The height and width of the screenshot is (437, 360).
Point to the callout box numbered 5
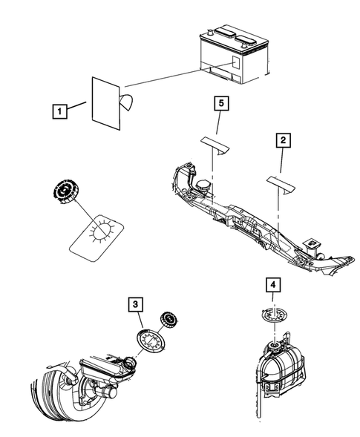pos(220,104)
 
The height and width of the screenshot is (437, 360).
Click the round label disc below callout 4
pos(273,316)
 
